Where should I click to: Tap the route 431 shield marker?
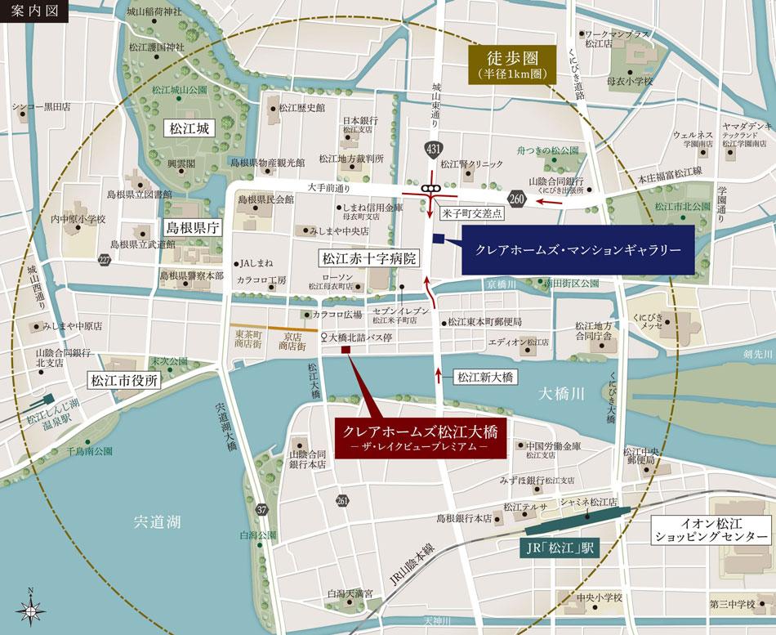tap(430, 148)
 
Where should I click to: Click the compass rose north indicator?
tap(31, 608)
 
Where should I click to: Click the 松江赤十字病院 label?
tap(368, 259)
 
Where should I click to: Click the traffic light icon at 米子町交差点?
tap(429, 190)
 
